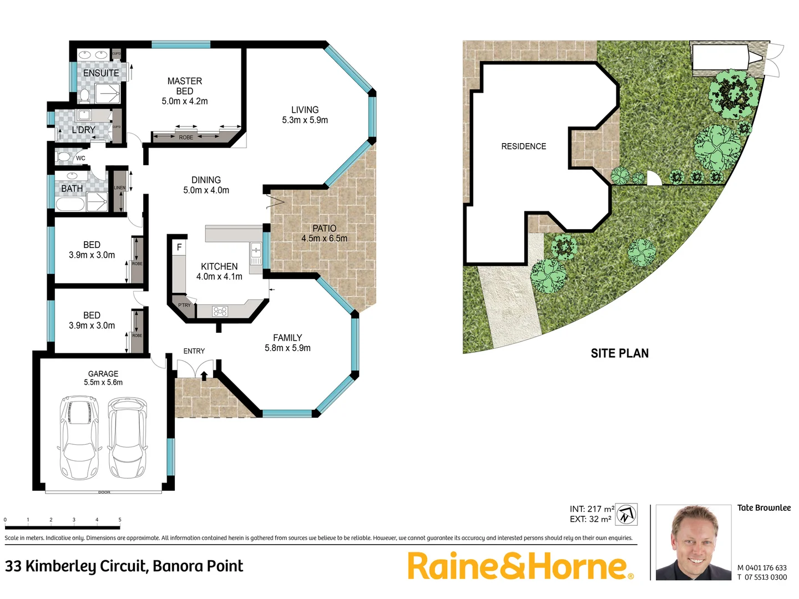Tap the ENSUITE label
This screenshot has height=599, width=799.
(101, 73)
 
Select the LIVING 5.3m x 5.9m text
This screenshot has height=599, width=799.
(305, 115)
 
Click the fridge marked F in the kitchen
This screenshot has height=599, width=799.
(179, 247)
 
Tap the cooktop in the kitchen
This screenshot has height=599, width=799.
(220, 311)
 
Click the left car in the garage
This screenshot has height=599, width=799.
(79, 438)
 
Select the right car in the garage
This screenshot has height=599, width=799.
(128, 438)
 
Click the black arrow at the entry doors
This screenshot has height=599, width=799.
(204, 375)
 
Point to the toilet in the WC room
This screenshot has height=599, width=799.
(65, 158)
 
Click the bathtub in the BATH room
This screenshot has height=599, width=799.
(70, 204)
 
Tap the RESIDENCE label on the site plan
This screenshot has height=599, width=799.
(523, 146)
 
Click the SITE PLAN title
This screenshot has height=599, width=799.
(619, 353)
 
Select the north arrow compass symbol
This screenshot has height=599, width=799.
(626, 514)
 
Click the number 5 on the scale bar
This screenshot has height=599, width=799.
(120, 520)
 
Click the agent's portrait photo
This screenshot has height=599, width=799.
(693, 542)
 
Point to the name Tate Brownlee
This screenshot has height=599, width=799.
(763, 507)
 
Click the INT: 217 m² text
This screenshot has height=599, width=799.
(591, 509)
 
